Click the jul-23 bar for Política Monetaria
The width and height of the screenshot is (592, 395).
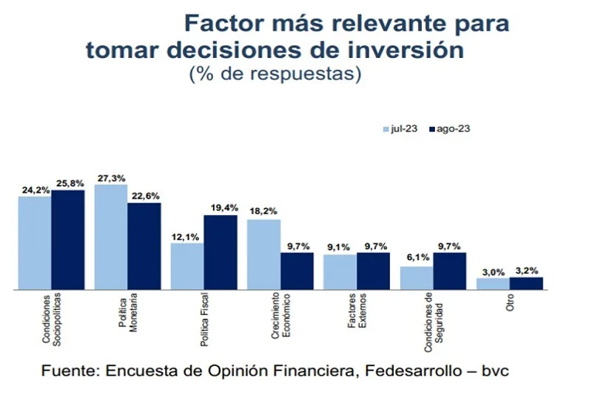pos(111,236)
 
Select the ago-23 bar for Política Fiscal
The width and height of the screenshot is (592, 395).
pos(221,252)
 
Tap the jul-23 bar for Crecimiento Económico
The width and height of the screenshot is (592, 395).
pos(264,253)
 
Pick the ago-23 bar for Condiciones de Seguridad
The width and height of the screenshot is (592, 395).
pos(450,270)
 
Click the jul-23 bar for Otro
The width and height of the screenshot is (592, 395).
pos(493,283)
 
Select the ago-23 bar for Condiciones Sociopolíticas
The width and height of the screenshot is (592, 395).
pos(67,239)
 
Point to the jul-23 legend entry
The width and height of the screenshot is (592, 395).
pos(400,128)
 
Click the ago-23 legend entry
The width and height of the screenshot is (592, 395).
pos(449,128)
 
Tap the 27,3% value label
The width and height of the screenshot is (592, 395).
pos(111,179)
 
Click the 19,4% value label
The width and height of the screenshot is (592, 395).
pos(223,209)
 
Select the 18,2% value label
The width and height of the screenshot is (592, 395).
pos(263,213)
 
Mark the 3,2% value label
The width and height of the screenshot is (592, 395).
pos(527,271)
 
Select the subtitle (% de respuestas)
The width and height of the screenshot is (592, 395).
pos(275,73)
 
